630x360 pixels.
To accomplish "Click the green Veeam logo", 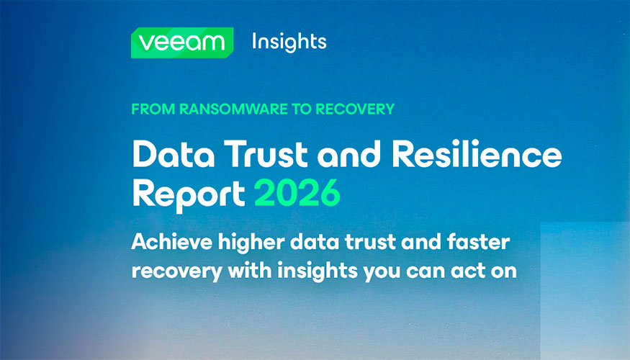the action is (x=182, y=42).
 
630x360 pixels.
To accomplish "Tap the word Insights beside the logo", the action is (x=289, y=42).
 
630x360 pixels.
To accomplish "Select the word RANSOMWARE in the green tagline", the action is (x=233, y=109).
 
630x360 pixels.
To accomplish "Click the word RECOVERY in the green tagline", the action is (x=355, y=109).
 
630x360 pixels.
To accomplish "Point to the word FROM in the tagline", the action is (x=153, y=109).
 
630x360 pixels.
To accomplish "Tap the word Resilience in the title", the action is (x=477, y=153).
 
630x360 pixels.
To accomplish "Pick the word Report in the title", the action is (x=189, y=195).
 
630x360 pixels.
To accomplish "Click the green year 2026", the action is (x=297, y=193).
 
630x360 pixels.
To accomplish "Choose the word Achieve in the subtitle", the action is (x=171, y=242).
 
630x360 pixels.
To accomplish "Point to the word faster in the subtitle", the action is (x=478, y=242).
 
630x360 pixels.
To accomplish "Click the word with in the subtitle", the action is (x=250, y=271).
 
